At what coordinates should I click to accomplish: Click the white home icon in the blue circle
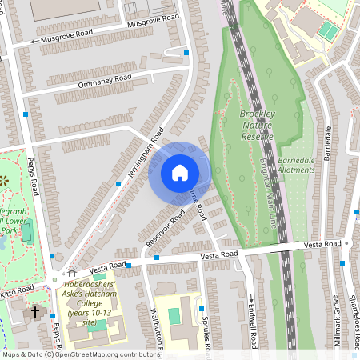tap(180, 173)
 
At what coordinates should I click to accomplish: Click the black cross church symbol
tap(34, 311)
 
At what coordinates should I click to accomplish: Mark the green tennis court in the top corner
tap(328, 31)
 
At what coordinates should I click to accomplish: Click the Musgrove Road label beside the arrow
tap(66, 36)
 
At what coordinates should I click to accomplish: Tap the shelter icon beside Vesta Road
tap(71, 273)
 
